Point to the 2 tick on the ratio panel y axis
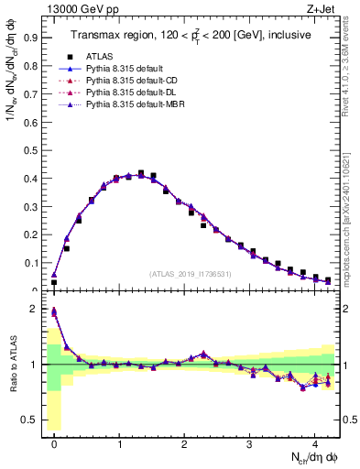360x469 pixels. point(35,309)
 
